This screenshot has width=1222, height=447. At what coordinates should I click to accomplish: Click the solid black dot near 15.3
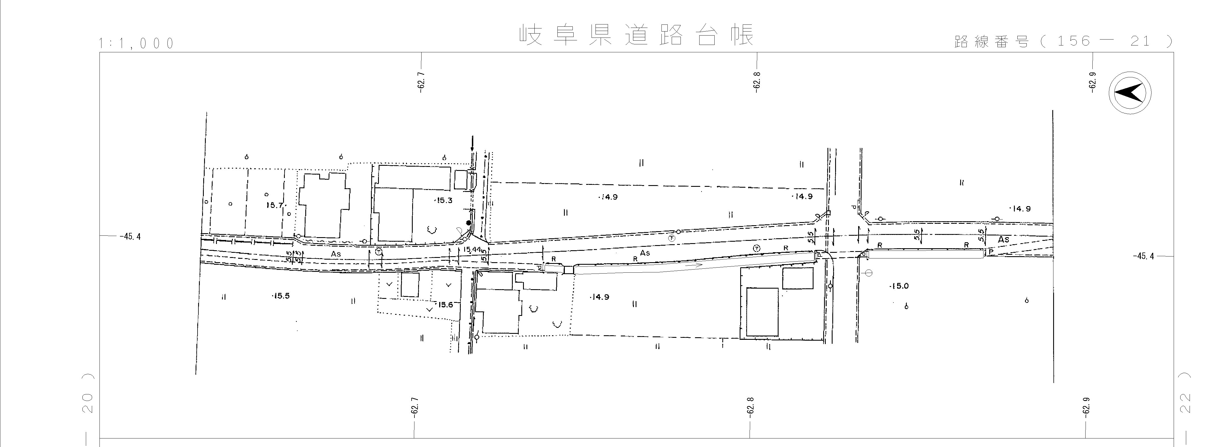(469, 223)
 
